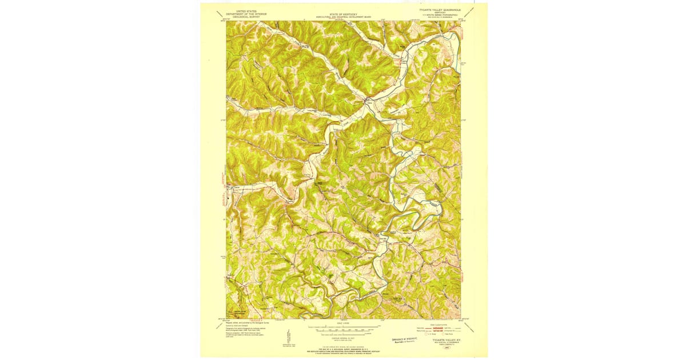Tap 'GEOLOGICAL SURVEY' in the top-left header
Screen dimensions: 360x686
(x=242, y=17)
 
